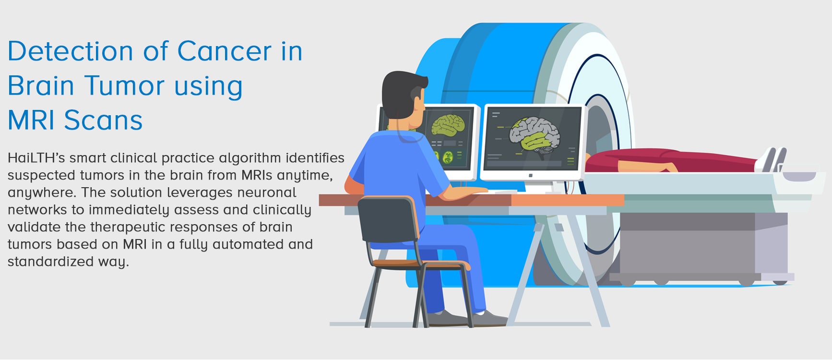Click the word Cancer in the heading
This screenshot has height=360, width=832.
tap(225, 51)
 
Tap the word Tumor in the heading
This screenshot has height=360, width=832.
tap(125, 85)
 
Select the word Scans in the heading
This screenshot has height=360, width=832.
tap(103, 120)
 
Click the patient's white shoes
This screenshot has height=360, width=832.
tap(771, 159)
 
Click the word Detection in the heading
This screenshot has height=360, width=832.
tap(71, 51)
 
